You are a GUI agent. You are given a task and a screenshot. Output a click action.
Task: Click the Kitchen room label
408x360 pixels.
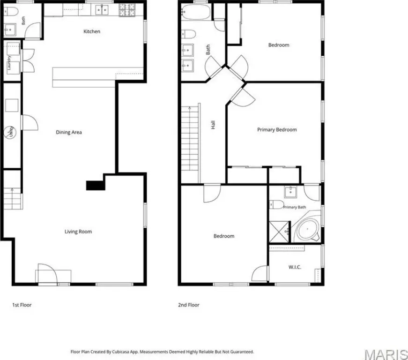[92, 31]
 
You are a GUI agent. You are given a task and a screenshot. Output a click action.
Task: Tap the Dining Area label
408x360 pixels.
[69, 132]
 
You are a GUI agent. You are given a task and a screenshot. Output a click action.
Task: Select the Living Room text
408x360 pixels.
[78, 232]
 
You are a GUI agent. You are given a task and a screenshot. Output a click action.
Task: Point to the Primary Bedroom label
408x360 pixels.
[277, 130]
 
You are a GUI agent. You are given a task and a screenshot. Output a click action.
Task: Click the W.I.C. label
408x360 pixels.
[295, 267]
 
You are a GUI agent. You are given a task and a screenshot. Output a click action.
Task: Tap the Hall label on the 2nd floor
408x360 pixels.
[213, 125]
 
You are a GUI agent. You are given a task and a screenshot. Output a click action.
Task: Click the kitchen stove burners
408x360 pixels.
[127, 10]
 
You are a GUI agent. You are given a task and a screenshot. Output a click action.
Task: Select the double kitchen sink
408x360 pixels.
[102, 10]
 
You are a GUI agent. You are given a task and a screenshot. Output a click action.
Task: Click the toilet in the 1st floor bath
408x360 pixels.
[11, 11]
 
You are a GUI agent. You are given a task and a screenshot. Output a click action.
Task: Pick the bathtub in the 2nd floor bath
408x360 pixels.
[196, 12]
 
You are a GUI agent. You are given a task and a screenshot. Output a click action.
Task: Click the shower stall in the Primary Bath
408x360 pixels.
[279, 232]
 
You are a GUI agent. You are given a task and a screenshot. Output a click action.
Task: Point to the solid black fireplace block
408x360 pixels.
[96, 185]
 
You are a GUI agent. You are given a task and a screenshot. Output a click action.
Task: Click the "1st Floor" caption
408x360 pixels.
[22, 305]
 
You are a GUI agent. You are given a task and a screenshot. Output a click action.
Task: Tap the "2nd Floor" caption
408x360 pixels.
[189, 305]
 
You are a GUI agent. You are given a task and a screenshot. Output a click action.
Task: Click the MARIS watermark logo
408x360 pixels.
[386, 354]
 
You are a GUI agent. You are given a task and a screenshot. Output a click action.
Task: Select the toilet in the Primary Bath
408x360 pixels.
[276, 204]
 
